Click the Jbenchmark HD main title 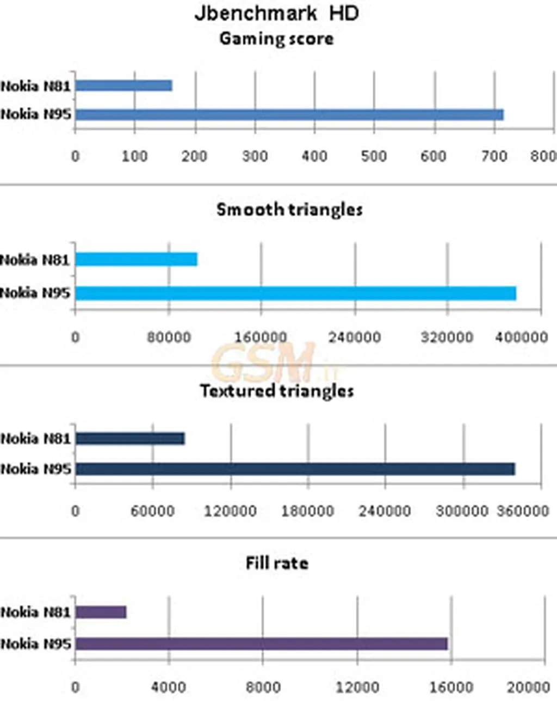pyautogui.click(x=276, y=13)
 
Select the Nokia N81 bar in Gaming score pyautogui.click(x=124, y=85)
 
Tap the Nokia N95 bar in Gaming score pyautogui.click(x=289, y=114)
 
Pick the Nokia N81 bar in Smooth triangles pyautogui.click(x=136, y=259)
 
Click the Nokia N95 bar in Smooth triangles pyautogui.click(x=295, y=293)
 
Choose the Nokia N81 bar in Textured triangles pyautogui.click(x=130, y=438)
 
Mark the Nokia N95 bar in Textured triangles pyautogui.click(x=295, y=469)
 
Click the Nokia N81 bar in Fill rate pyautogui.click(x=101, y=612)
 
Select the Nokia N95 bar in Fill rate pyautogui.click(x=261, y=644)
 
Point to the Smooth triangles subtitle pyautogui.click(x=289, y=210)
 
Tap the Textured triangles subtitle pyautogui.click(x=277, y=391)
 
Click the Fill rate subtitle pyautogui.click(x=277, y=563)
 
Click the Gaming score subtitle pyautogui.click(x=276, y=39)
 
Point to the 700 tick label pyautogui.click(x=494, y=157)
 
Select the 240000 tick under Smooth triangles pyautogui.click(x=355, y=337)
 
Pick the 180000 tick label pyautogui.click(x=307, y=511)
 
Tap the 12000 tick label pyautogui.click(x=357, y=687)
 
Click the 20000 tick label pyautogui.click(x=528, y=687)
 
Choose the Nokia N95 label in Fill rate pyautogui.click(x=36, y=644)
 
